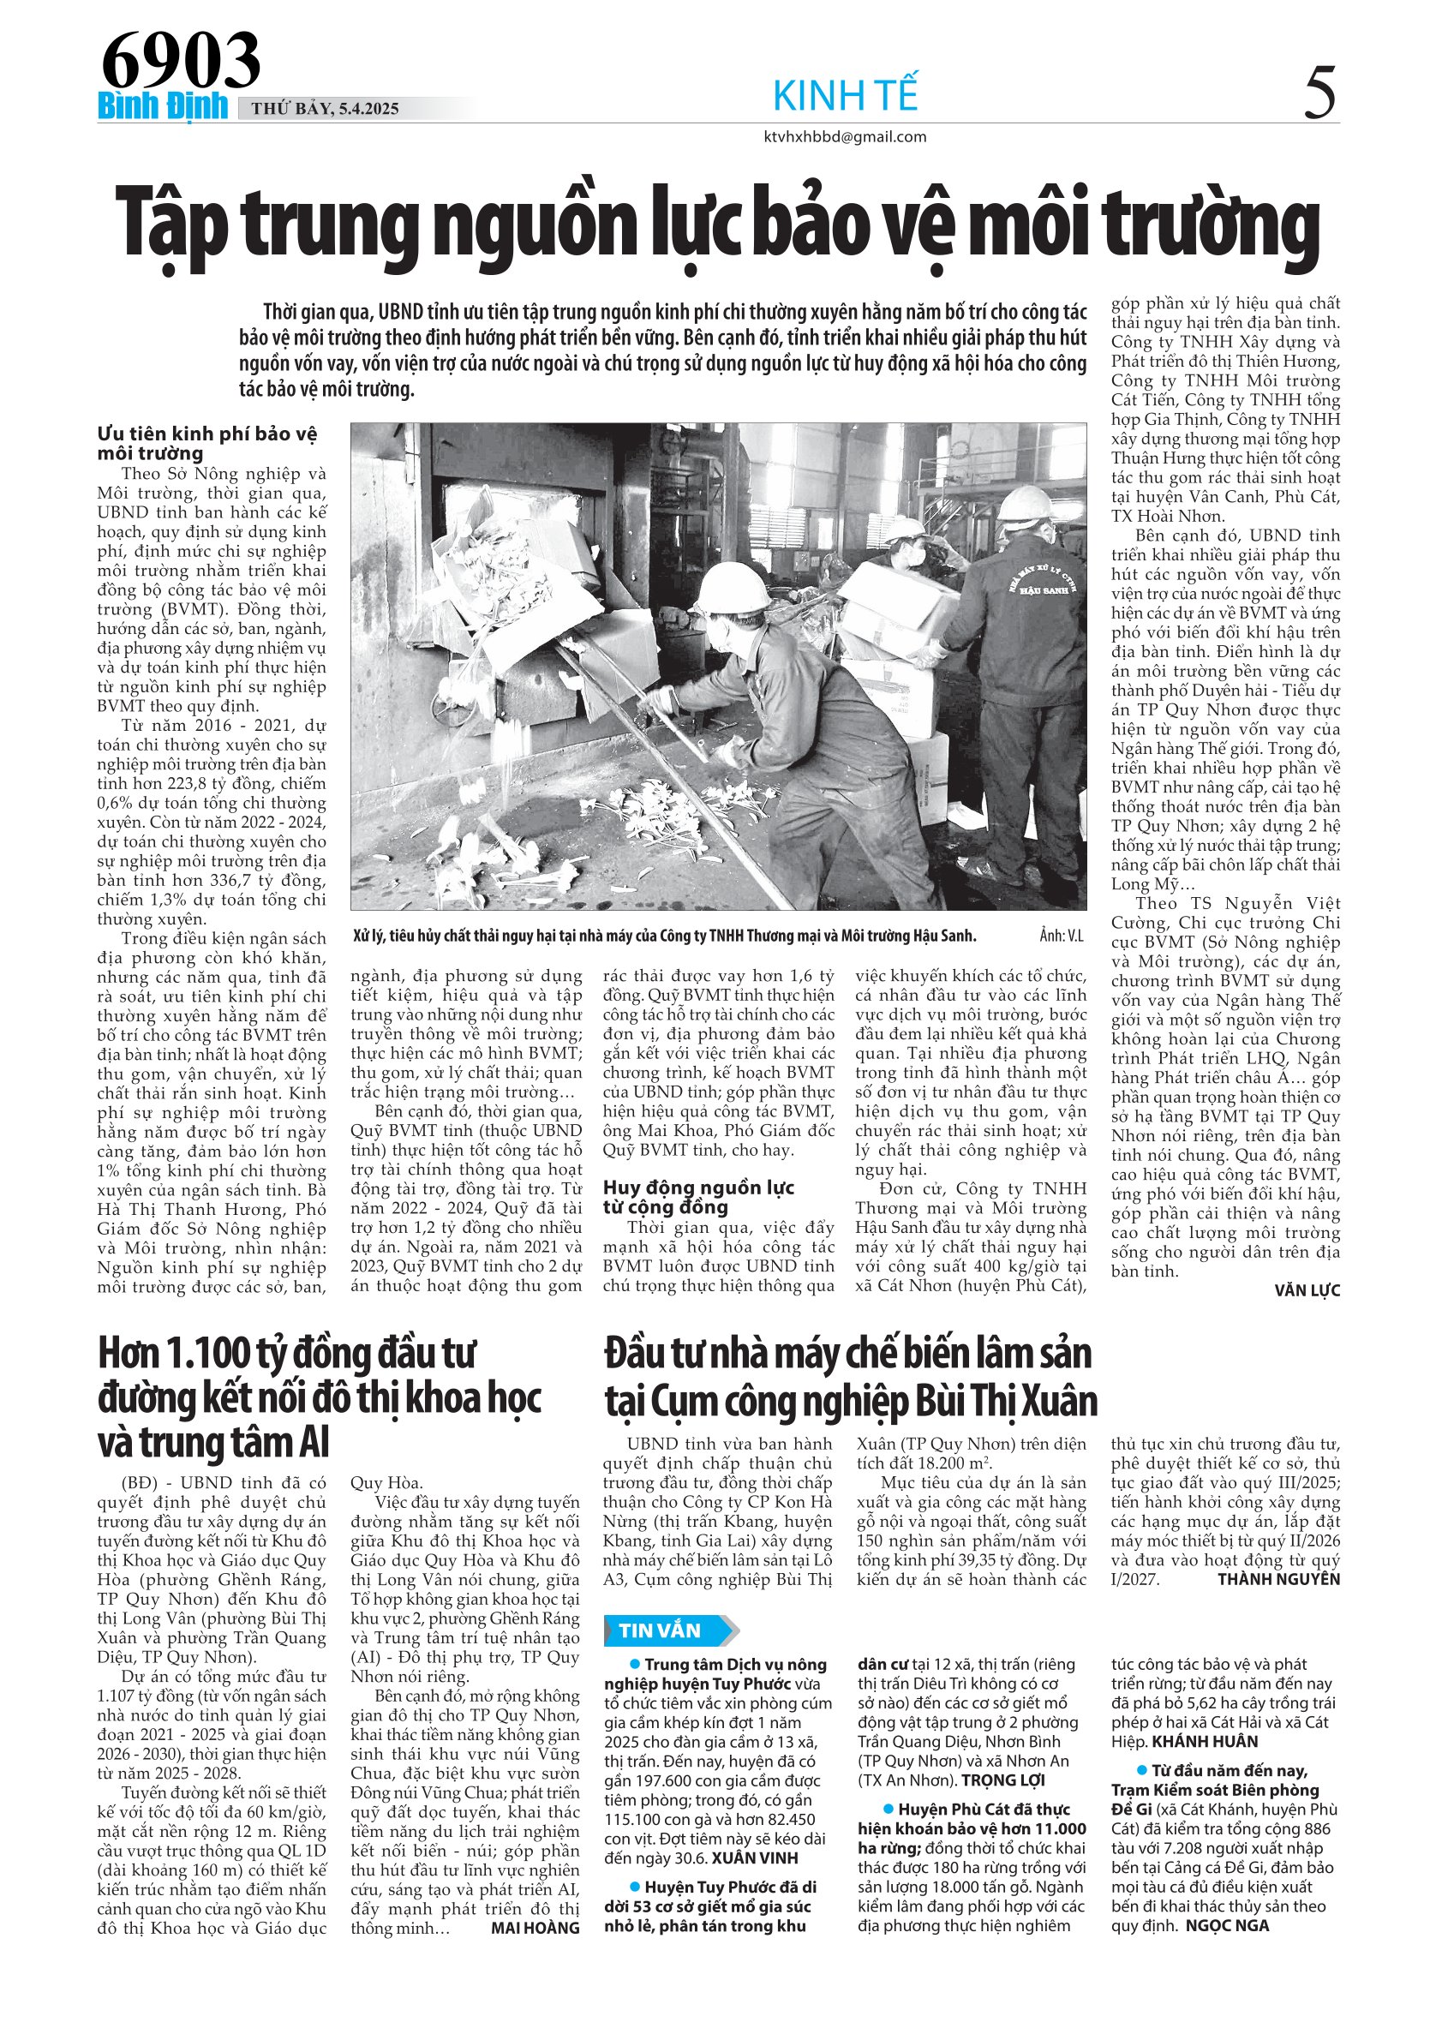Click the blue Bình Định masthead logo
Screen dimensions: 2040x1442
(x=163, y=106)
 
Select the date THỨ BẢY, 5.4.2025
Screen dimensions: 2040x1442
(x=326, y=109)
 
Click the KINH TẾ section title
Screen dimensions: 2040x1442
(x=845, y=95)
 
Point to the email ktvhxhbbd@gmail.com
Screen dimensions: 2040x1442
(x=845, y=137)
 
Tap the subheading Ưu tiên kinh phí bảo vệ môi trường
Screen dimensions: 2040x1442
(x=207, y=442)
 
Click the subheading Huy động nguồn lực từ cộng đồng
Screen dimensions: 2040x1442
(x=698, y=1197)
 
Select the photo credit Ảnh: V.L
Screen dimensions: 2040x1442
(x=1061, y=936)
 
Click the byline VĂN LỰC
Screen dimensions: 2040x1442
(x=1307, y=1290)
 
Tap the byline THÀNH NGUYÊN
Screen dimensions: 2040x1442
(x=1278, y=1579)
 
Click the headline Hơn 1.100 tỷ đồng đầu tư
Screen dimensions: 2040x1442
(x=286, y=1354)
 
